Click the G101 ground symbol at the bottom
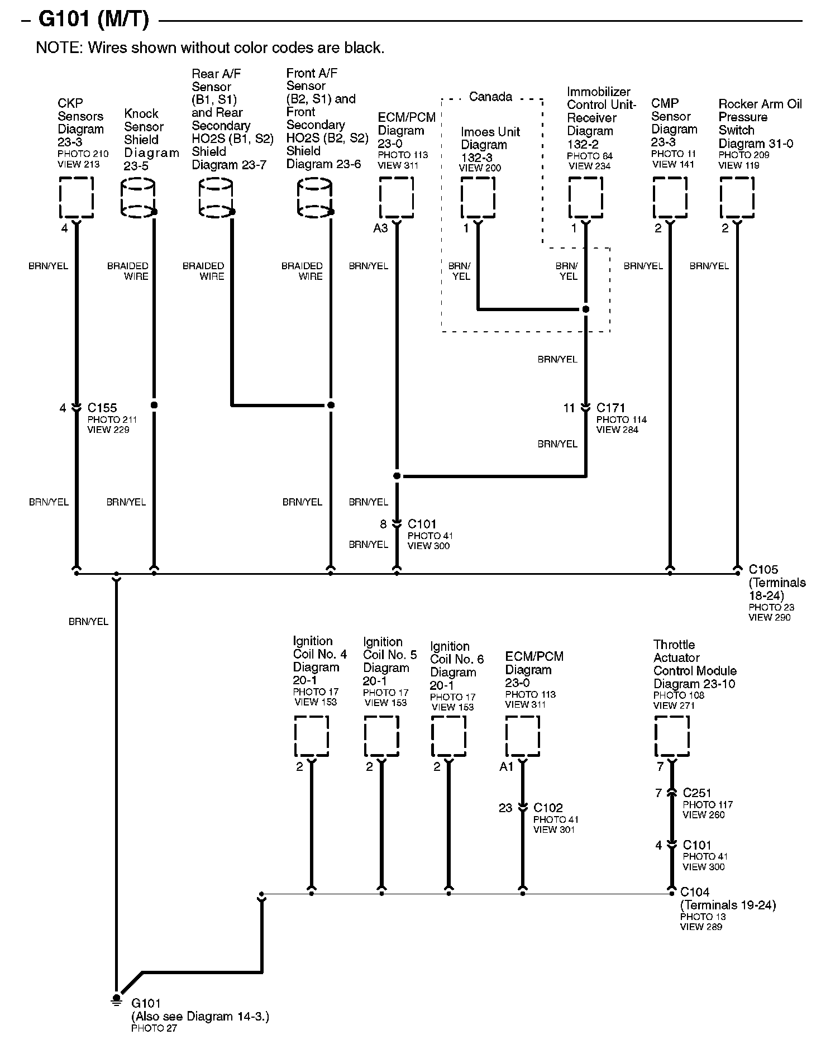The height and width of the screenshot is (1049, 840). coord(116,999)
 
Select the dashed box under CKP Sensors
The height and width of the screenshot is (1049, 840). coord(77,197)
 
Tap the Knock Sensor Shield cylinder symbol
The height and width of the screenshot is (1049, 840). coord(138,198)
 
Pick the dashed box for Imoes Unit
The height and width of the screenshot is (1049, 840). coord(478,197)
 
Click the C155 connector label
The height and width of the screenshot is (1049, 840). coord(102,408)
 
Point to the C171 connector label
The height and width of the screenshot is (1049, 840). coord(610,408)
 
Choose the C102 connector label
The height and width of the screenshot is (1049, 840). coord(548,808)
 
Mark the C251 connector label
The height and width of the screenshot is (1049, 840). coord(697,793)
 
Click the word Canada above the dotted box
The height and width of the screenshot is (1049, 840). coord(490,97)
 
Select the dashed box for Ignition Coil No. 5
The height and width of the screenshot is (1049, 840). coord(381,736)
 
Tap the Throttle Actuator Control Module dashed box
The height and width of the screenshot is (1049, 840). coord(671,736)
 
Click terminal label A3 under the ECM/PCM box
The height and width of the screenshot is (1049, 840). coord(380,228)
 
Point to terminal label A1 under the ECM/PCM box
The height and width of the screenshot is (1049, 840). coord(506,767)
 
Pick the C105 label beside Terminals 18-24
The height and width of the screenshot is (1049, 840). coord(763,570)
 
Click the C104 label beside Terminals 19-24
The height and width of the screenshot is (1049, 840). coord(695,892)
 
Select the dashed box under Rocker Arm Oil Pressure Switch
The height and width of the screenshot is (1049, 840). coord(737,197)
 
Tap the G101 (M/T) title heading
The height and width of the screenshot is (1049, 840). coord(93,20)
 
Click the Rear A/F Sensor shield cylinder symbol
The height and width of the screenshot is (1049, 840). coord(216,198)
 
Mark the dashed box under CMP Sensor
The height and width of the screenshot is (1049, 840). coord(670,197)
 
